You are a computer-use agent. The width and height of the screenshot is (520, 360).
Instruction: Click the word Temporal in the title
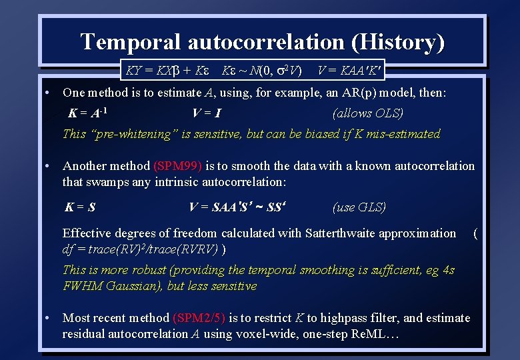[x=131, y=42]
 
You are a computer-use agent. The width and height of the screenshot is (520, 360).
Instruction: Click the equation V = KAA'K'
[x=349, y=70]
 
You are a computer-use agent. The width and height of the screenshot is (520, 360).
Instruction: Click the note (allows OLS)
[x=367, y=113]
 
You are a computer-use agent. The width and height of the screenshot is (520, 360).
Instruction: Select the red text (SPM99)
[x=179, y=166]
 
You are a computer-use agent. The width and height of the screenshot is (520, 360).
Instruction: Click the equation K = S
[x=79, y=207]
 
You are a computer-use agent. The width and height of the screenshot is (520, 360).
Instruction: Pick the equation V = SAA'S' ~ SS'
[x=238, y=207]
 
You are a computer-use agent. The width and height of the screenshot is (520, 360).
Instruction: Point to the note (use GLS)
[x=359, y=207]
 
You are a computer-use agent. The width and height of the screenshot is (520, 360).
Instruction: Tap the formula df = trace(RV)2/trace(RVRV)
[x=143, y=249]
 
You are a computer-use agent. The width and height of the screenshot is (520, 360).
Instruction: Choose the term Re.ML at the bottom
[x=371, y=334]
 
